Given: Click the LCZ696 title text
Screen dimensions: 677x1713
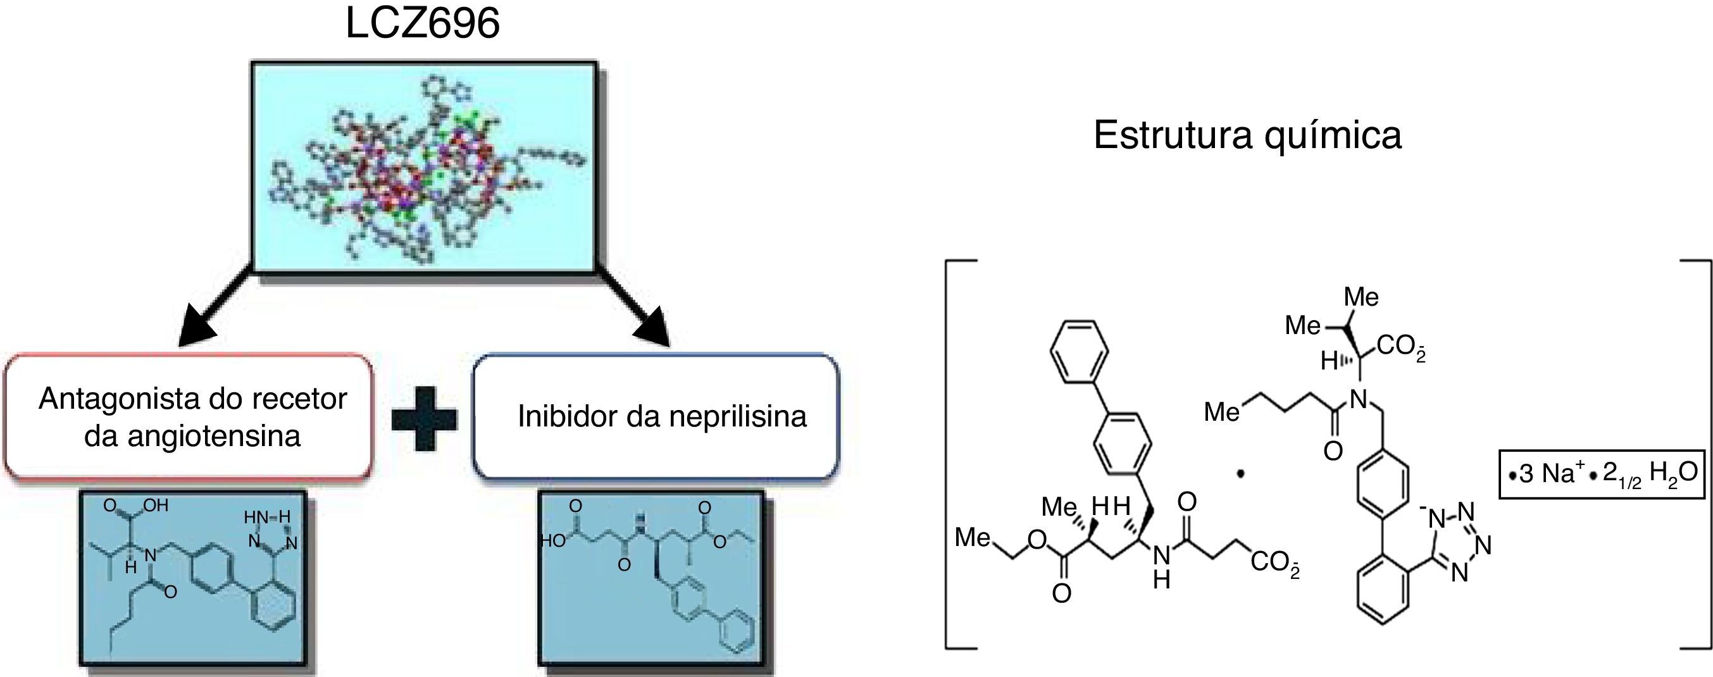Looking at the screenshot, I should tap(422, 24).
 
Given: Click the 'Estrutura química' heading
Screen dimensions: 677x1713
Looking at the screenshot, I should tap(1247, 135).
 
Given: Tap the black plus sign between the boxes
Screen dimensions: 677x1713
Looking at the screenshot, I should tap(424, 418).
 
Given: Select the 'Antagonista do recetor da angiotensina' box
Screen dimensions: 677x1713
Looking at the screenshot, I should tap(189, 417).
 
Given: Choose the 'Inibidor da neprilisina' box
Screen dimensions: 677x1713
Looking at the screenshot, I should tap(656, 417).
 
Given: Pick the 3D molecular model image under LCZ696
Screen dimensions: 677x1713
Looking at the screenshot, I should tap(423, 167).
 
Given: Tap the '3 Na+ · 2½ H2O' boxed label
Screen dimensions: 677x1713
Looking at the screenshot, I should tap(1601, 473).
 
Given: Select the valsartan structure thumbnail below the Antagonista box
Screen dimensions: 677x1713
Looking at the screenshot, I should tap(193, 578).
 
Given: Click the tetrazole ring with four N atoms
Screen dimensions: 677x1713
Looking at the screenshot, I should tap(1461, 543).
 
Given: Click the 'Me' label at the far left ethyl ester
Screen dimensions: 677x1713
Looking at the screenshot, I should tap(972, 537).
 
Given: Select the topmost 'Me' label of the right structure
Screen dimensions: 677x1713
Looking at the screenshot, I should tap(1361, 297).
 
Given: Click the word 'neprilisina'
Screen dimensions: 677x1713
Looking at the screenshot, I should tap(737, 417).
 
